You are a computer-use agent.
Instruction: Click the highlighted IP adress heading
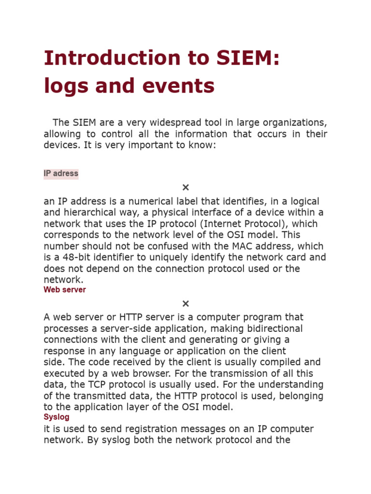click(x=61, y=174)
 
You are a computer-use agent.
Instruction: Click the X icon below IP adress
click(x=185, y=188)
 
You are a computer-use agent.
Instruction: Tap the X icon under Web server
click(x=185, y=304)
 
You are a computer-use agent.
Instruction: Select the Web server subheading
click(x=65, y=290)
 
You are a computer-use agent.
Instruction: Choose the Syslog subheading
click(x=57, y=417)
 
